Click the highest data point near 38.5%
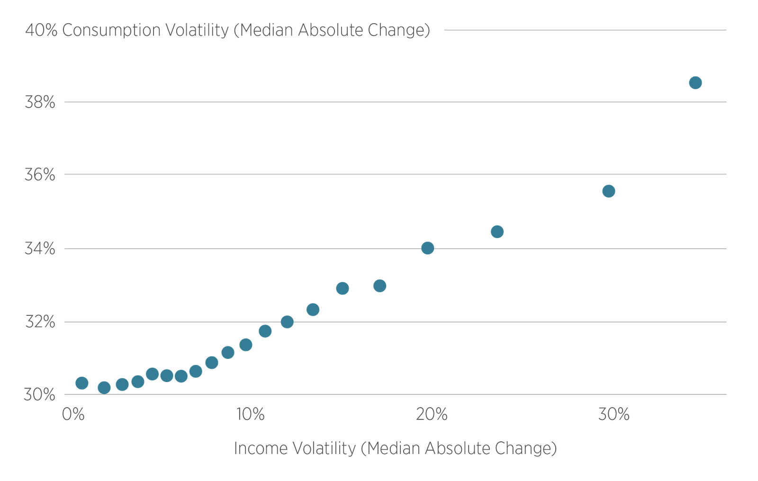695,83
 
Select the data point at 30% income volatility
609,191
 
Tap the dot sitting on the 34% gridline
427,248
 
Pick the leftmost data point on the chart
81,383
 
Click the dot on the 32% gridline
287,322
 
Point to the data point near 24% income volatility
497,232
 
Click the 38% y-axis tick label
40,102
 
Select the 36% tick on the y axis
40,175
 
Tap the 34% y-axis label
40,249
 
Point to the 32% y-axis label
40,322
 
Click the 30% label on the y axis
40,394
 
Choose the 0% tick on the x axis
73,415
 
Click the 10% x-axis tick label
250,415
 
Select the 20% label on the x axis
432,415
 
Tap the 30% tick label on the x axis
614,415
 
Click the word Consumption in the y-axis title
112,31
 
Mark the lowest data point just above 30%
104,388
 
